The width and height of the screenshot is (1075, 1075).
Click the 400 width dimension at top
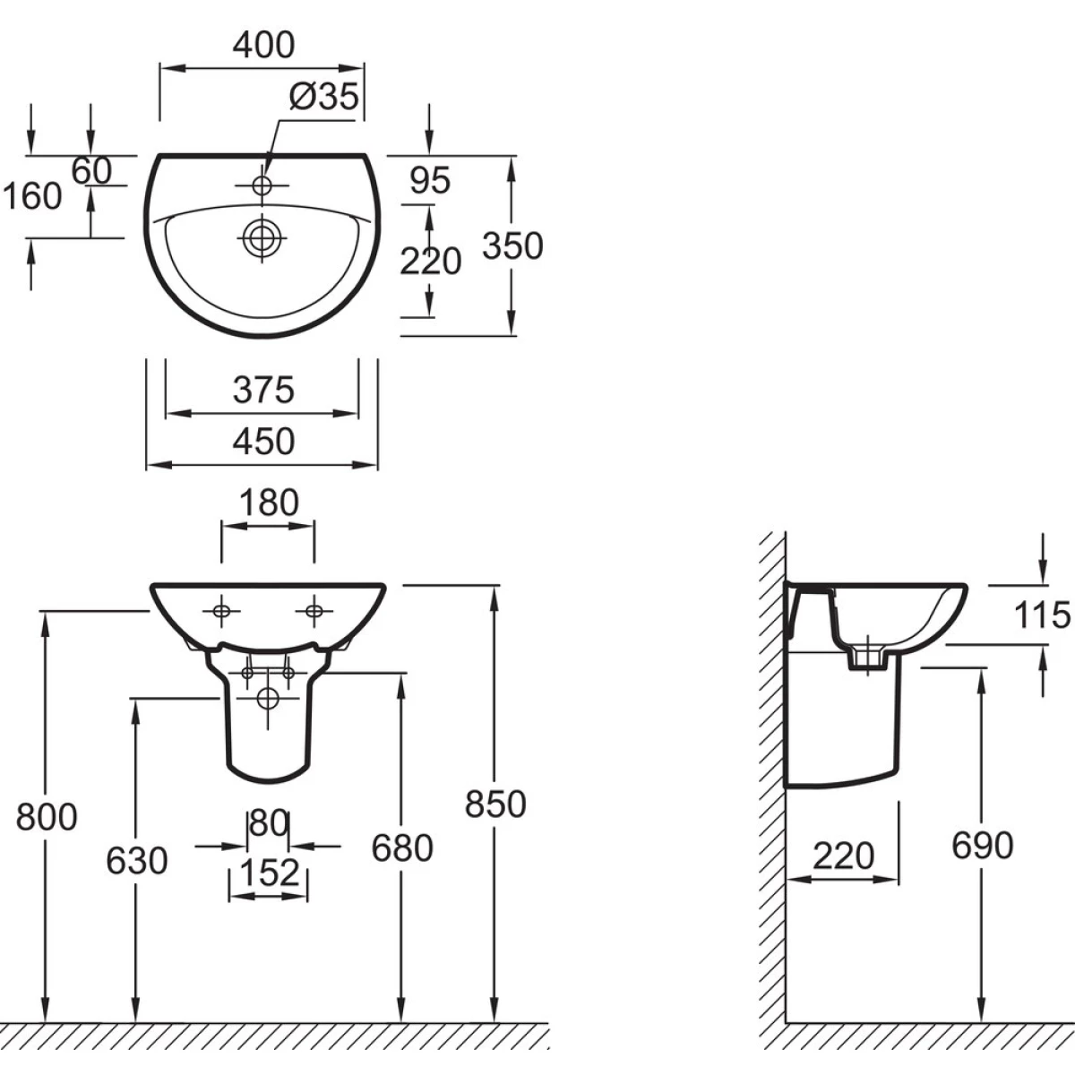(263, 44)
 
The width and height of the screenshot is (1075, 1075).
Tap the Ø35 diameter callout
(323, 96)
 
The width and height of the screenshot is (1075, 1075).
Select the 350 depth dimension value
(512, 245)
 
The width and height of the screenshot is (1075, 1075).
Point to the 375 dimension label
(263, 390)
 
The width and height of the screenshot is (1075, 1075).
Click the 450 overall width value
(263, 441)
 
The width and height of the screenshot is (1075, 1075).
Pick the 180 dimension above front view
(269, 503)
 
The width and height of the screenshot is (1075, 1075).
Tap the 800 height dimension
(47, 816)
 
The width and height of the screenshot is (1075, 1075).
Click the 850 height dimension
(494, 804)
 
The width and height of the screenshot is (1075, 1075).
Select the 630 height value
(136, 861)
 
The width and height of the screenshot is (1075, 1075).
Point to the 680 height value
(402, 847)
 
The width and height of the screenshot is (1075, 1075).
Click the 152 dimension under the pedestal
(269, 872)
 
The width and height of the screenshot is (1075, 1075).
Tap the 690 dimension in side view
(982, 845)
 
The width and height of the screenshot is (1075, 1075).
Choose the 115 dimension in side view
(1042, 615)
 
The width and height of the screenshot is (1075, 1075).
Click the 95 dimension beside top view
(429, 181)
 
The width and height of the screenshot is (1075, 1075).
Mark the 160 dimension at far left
(33, 195)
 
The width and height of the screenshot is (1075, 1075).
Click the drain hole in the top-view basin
(262, 237)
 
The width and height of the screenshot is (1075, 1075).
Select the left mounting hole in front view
(221, 611)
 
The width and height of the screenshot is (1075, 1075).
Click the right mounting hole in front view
(314, 611)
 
